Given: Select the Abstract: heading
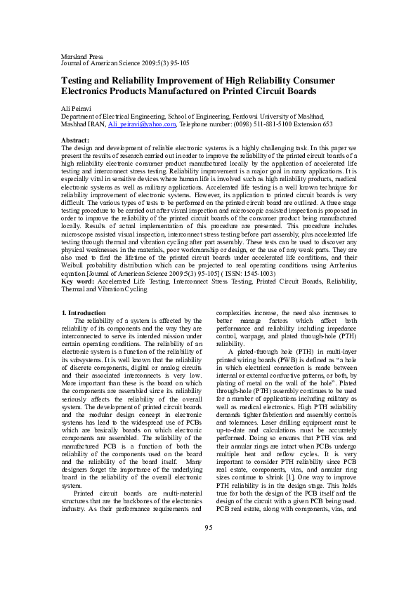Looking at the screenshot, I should tap(75, 141).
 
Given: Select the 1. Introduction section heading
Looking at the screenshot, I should tap(84, 312).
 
